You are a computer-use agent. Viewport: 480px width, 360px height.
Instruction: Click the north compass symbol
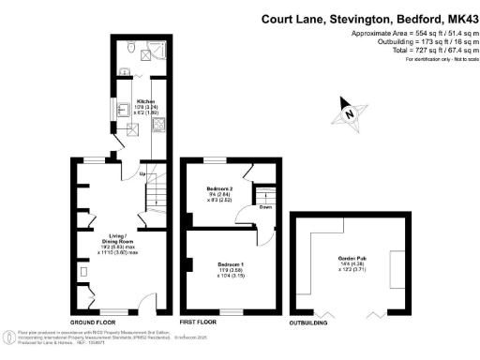(349, 112)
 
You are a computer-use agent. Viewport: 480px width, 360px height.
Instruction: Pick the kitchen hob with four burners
(158, 130)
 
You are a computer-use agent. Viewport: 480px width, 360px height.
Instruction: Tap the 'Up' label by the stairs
(141, 175)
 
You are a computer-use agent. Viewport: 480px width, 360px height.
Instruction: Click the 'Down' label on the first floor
(265, 207)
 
